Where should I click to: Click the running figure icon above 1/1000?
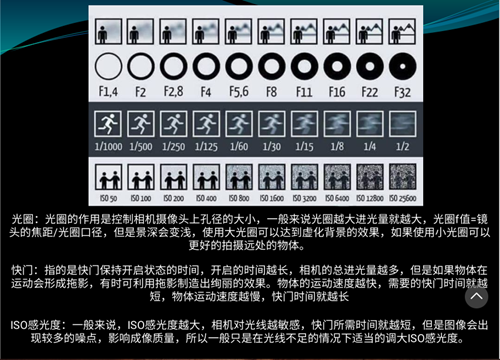click(x=107, y=124)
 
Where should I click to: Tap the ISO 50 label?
click(x=107, y=200)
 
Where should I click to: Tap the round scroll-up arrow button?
click(x=475, y=296)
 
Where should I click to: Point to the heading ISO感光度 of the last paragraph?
click(x=39, y=326)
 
